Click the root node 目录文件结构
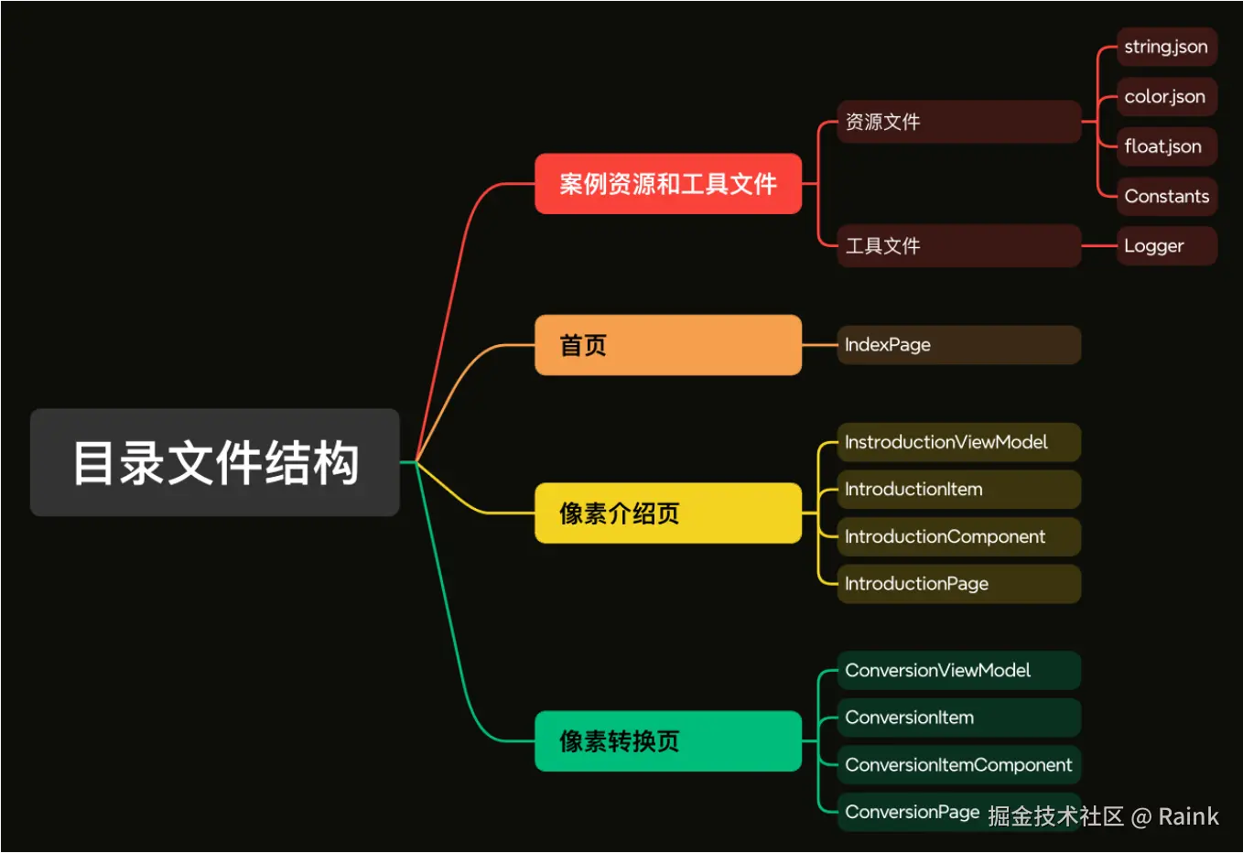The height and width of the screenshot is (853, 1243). pyautogui.click(x=215, y=462)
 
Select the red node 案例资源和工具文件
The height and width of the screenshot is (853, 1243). pyautogui.click(x=668, y=184)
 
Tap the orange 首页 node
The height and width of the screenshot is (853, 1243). pyautogui.click(x=668, y=345)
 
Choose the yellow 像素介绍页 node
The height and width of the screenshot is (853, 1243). pyautogui.click(x=668, y=513)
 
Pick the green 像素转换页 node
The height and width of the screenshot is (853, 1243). pyautogui.click(x=668, y=741)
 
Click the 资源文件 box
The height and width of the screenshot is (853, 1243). pyautogui.click(x=958, y=122)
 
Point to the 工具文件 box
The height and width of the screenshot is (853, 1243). pyautogui.click(x=958, y=245)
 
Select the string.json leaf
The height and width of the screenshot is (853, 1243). pyautogui.click(x=1166, y=47)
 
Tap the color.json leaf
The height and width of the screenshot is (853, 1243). pyautogui.click(x=1166, y=97)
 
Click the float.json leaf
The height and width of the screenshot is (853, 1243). pyautogui.click(x=1166, y=146)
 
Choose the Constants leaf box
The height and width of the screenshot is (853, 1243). pyautogui.click(x=1166, y=196)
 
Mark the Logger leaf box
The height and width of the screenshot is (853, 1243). pyautogui.click(x=1166, y=246)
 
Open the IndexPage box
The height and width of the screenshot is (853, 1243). pyautogui.click(x=958, y=345)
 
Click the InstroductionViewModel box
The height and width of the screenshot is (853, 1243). pyautogui.click(x=958, y=442)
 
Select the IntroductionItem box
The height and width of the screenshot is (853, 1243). pyautogui.click(x=958, y=490)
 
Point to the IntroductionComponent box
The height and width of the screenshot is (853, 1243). pyautogui.click(x=958, y=536)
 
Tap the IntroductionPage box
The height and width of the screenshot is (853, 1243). pyautogui.click(x=958, y=584)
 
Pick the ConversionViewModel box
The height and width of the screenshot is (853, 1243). pyautogui.click(x=958, y=671)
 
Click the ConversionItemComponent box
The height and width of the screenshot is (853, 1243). pyautogui.click(x=958, y=765)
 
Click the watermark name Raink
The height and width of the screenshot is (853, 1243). pyautogui.click(x=1188, y=816)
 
